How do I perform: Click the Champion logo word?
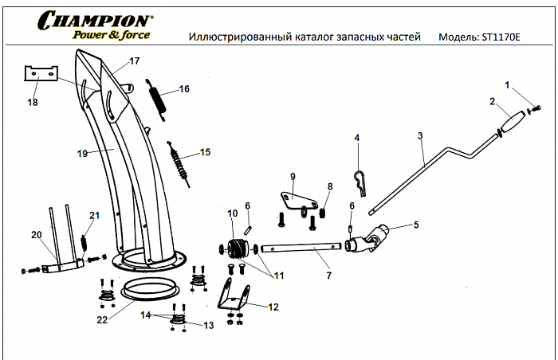pos(92,19)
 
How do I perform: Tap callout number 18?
pos(33,103)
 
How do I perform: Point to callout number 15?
pos(205,152)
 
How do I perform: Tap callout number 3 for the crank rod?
pos(419,136)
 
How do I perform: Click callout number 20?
pos(35,234)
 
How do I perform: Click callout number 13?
pos(210,325)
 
